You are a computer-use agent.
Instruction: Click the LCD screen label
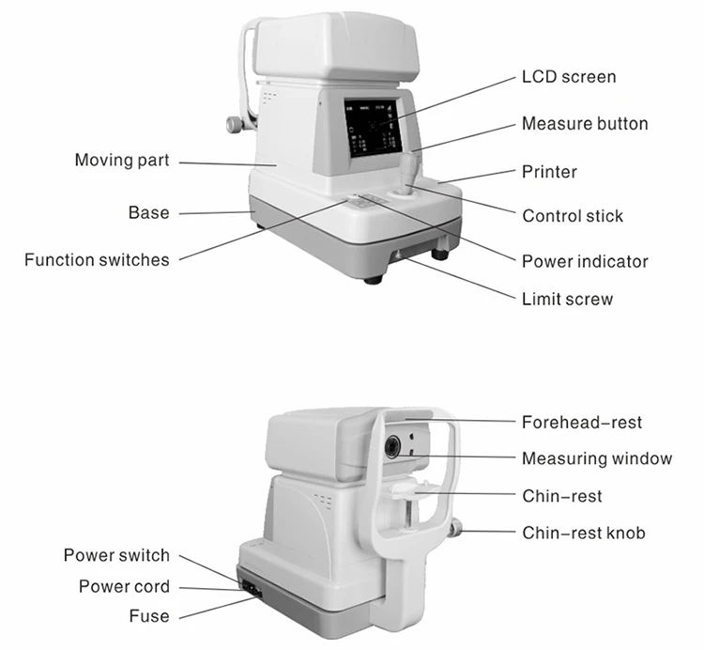pyautogui.click(x=569, y=77)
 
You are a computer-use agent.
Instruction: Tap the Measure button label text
pyautogui.click(x=585, y=124)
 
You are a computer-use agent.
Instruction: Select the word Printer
pyautogui.click(x=549, y=172)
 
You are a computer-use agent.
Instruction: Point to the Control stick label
pyautogui.click(x=573, y=216)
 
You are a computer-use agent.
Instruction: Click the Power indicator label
pyautogui.click(x=585, y=261)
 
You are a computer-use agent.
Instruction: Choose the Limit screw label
pyautogui.click(x=567, y=300)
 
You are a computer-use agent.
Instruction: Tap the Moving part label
pyautogui.click(x=122, y=161)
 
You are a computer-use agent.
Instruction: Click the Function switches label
pyautogui.click(x=97, y=260)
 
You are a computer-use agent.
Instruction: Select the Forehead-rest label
pyautogui.click(x=582, y=423)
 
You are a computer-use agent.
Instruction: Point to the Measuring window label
pyautogui.click(x=597, y=459)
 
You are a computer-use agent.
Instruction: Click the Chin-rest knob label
pyautogui.click(x=584, y=534)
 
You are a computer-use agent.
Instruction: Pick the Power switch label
pyautogui.click(x=116, y=555)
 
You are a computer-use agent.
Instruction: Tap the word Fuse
pyautogui.click(x=149, y=616)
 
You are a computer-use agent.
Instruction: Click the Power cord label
pyautogui.click(x=124, y=586)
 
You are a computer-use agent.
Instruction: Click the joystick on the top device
pyautogui.click(x=412, y=173)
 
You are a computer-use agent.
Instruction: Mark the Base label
pyautogui.click(x=149, y=213)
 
